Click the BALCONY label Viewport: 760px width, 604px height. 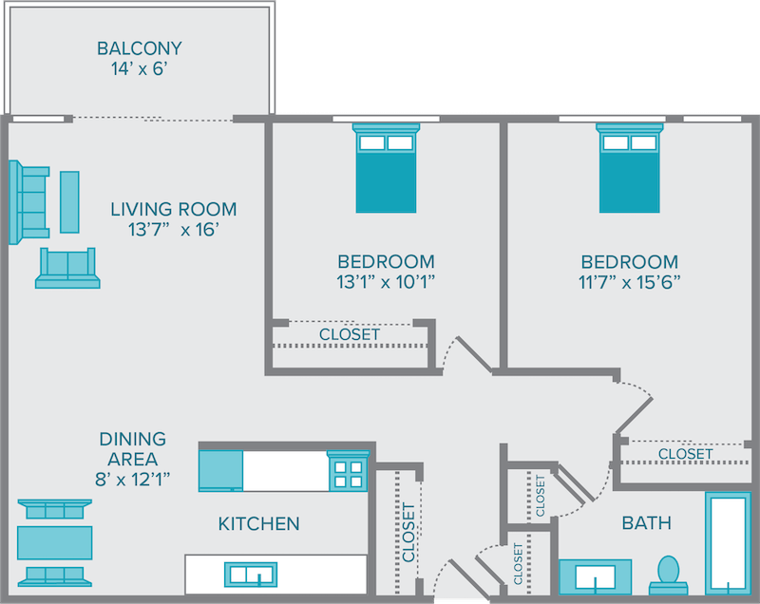140,47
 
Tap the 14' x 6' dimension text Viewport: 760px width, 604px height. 140,69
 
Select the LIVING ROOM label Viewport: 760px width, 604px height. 173,209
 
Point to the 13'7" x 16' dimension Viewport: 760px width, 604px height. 173,231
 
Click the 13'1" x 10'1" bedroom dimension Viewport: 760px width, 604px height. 386,282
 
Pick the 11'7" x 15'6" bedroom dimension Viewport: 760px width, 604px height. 629,282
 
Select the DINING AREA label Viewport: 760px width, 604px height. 132,449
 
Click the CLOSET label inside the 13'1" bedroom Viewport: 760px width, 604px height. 350,334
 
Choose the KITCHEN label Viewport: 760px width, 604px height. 258,523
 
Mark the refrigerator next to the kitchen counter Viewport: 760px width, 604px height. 220,469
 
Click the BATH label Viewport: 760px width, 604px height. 646,523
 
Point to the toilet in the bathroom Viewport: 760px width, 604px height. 669,572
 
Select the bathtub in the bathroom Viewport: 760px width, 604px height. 729,542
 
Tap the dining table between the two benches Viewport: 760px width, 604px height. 54,542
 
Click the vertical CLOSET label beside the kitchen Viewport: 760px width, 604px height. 408,532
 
